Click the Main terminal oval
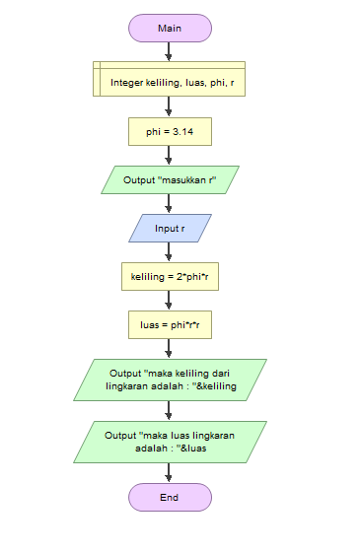click(170, 28)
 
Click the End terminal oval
click(170, 497)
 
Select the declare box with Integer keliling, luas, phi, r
click(170, 78)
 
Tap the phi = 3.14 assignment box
click(170, 131)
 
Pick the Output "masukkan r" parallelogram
click(170, 180)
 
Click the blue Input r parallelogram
click(170, 229)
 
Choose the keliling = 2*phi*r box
click(170, 277)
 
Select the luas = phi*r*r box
click(170, 325)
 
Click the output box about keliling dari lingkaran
click(170, 380)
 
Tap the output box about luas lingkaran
click(170, 442)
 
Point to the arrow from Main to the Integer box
click(170, 51)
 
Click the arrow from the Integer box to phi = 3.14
click(170, 106)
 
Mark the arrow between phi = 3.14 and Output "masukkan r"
click(170, 156)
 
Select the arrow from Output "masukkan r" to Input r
click(170, 204)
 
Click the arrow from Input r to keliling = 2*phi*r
click(170, 252)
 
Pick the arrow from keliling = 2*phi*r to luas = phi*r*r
click(170, 301)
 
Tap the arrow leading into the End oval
click(170, 472)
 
